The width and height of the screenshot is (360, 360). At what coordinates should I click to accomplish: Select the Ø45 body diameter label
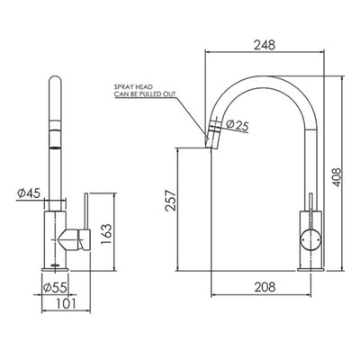click(x=28, y=192)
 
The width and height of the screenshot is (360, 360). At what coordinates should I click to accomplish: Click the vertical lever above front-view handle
click(x=86, y=210)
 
